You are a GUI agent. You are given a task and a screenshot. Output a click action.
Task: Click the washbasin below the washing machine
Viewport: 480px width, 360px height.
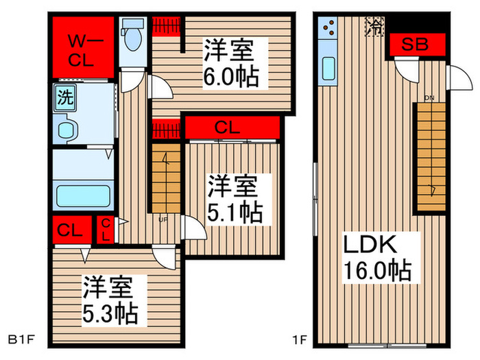(x=67, y=130)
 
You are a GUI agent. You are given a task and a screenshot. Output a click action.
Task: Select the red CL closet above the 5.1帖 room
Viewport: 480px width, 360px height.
(x=232, y=127)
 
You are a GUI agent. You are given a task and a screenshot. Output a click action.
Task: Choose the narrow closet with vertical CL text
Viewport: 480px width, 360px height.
(x=106, y=229)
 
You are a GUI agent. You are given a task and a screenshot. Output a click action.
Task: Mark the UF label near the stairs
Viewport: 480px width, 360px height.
(x=163, y=220)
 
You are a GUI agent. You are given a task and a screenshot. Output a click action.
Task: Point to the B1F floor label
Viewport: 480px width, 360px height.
(x=21, y=339)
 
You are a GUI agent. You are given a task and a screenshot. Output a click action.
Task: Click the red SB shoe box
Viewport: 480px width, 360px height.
(x=415, y=45)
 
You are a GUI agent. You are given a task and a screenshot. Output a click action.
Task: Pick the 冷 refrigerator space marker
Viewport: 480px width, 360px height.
(x=374, y=27)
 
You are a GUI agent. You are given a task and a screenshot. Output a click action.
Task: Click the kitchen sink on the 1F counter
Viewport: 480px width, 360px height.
(x=328, y=69)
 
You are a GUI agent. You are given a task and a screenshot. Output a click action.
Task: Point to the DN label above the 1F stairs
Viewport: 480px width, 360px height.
(x=429, y=98)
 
